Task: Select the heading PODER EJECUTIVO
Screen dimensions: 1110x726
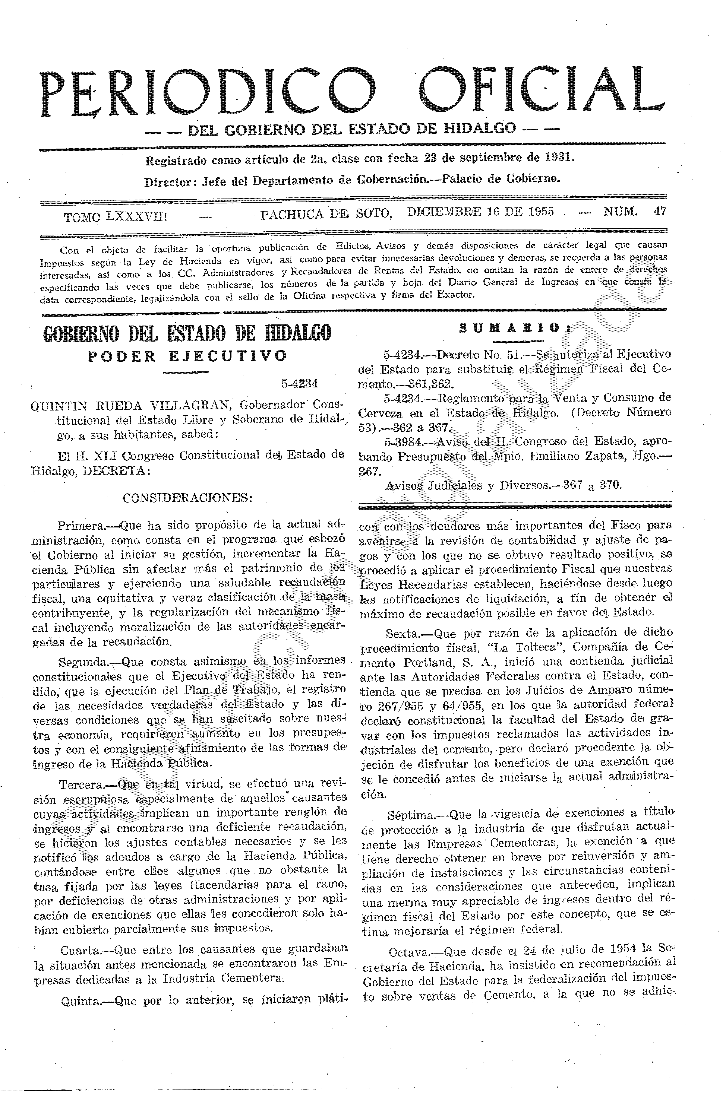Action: click(187, 356)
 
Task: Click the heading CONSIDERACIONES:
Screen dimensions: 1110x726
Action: click(187, 498)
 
